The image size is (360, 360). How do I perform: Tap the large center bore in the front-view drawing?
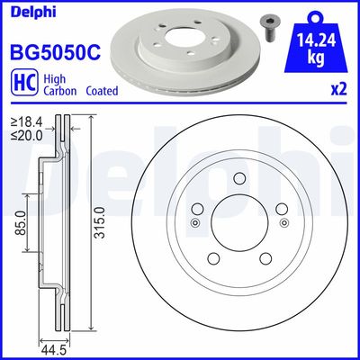[238, 222]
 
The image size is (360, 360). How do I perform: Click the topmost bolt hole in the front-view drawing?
[239, 176]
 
